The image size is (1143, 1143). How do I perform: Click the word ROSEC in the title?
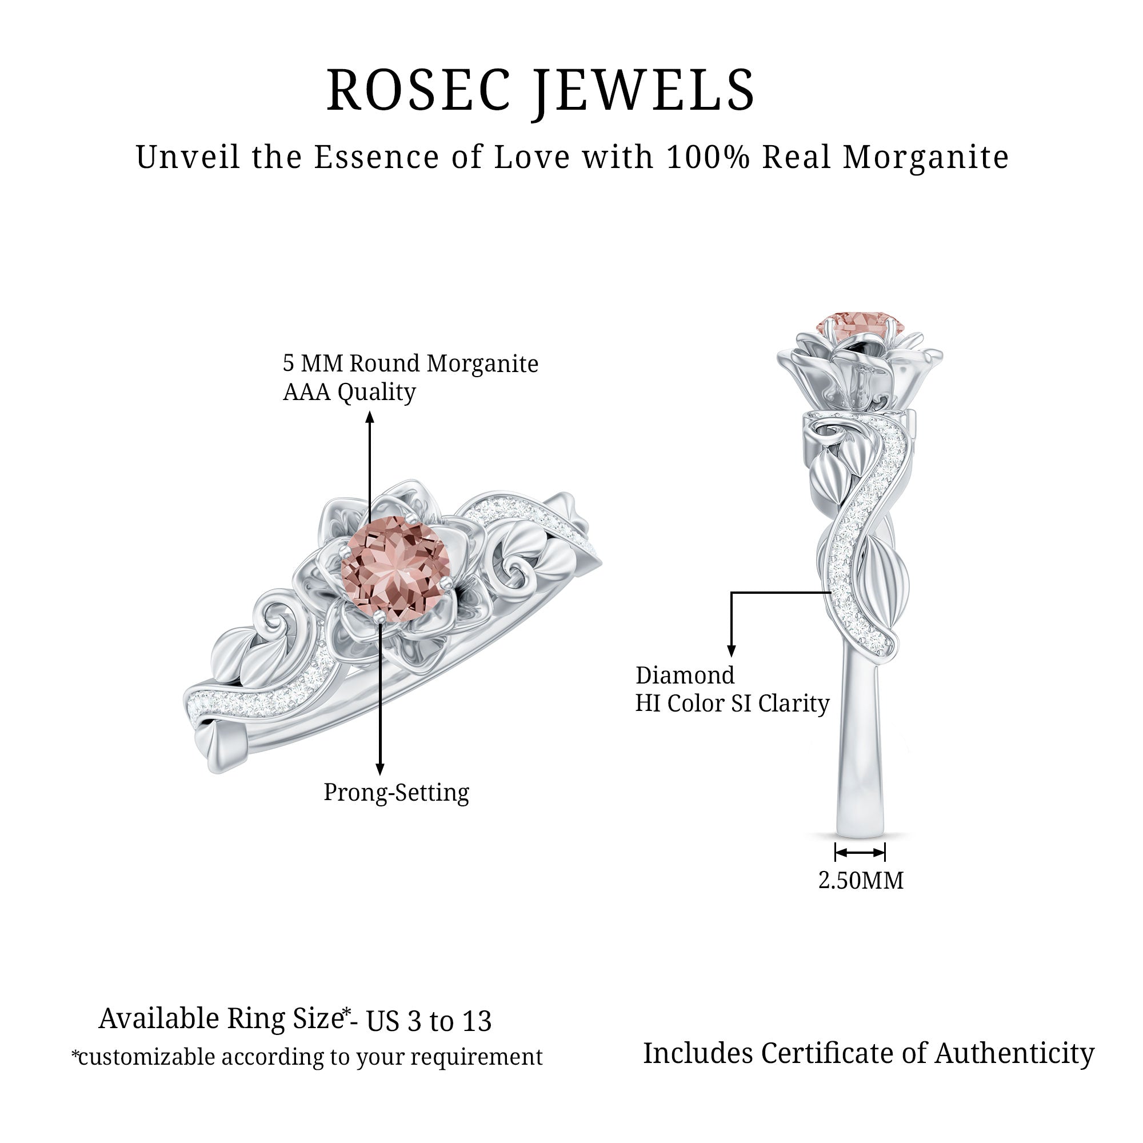point(419,90)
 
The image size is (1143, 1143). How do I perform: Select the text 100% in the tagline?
point(708,157)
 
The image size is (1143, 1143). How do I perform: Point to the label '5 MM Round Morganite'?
point(410,364)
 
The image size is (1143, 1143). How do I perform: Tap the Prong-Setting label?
point(396,792)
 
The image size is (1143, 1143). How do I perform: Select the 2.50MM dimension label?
point(861,880)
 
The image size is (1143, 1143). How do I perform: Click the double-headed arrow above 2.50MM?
point(860,853)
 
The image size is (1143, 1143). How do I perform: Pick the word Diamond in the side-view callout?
point(685,676)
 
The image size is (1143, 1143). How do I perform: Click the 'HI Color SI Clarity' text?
point(732,704)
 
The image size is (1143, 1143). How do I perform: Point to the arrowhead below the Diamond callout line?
point(732,650)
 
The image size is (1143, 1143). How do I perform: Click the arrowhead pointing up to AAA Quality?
point(370,418)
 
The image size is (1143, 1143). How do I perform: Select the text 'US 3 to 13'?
point(429,1022)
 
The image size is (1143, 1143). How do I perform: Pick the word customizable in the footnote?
point(149,1057)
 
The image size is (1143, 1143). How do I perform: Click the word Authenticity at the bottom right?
point(1015,1054)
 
